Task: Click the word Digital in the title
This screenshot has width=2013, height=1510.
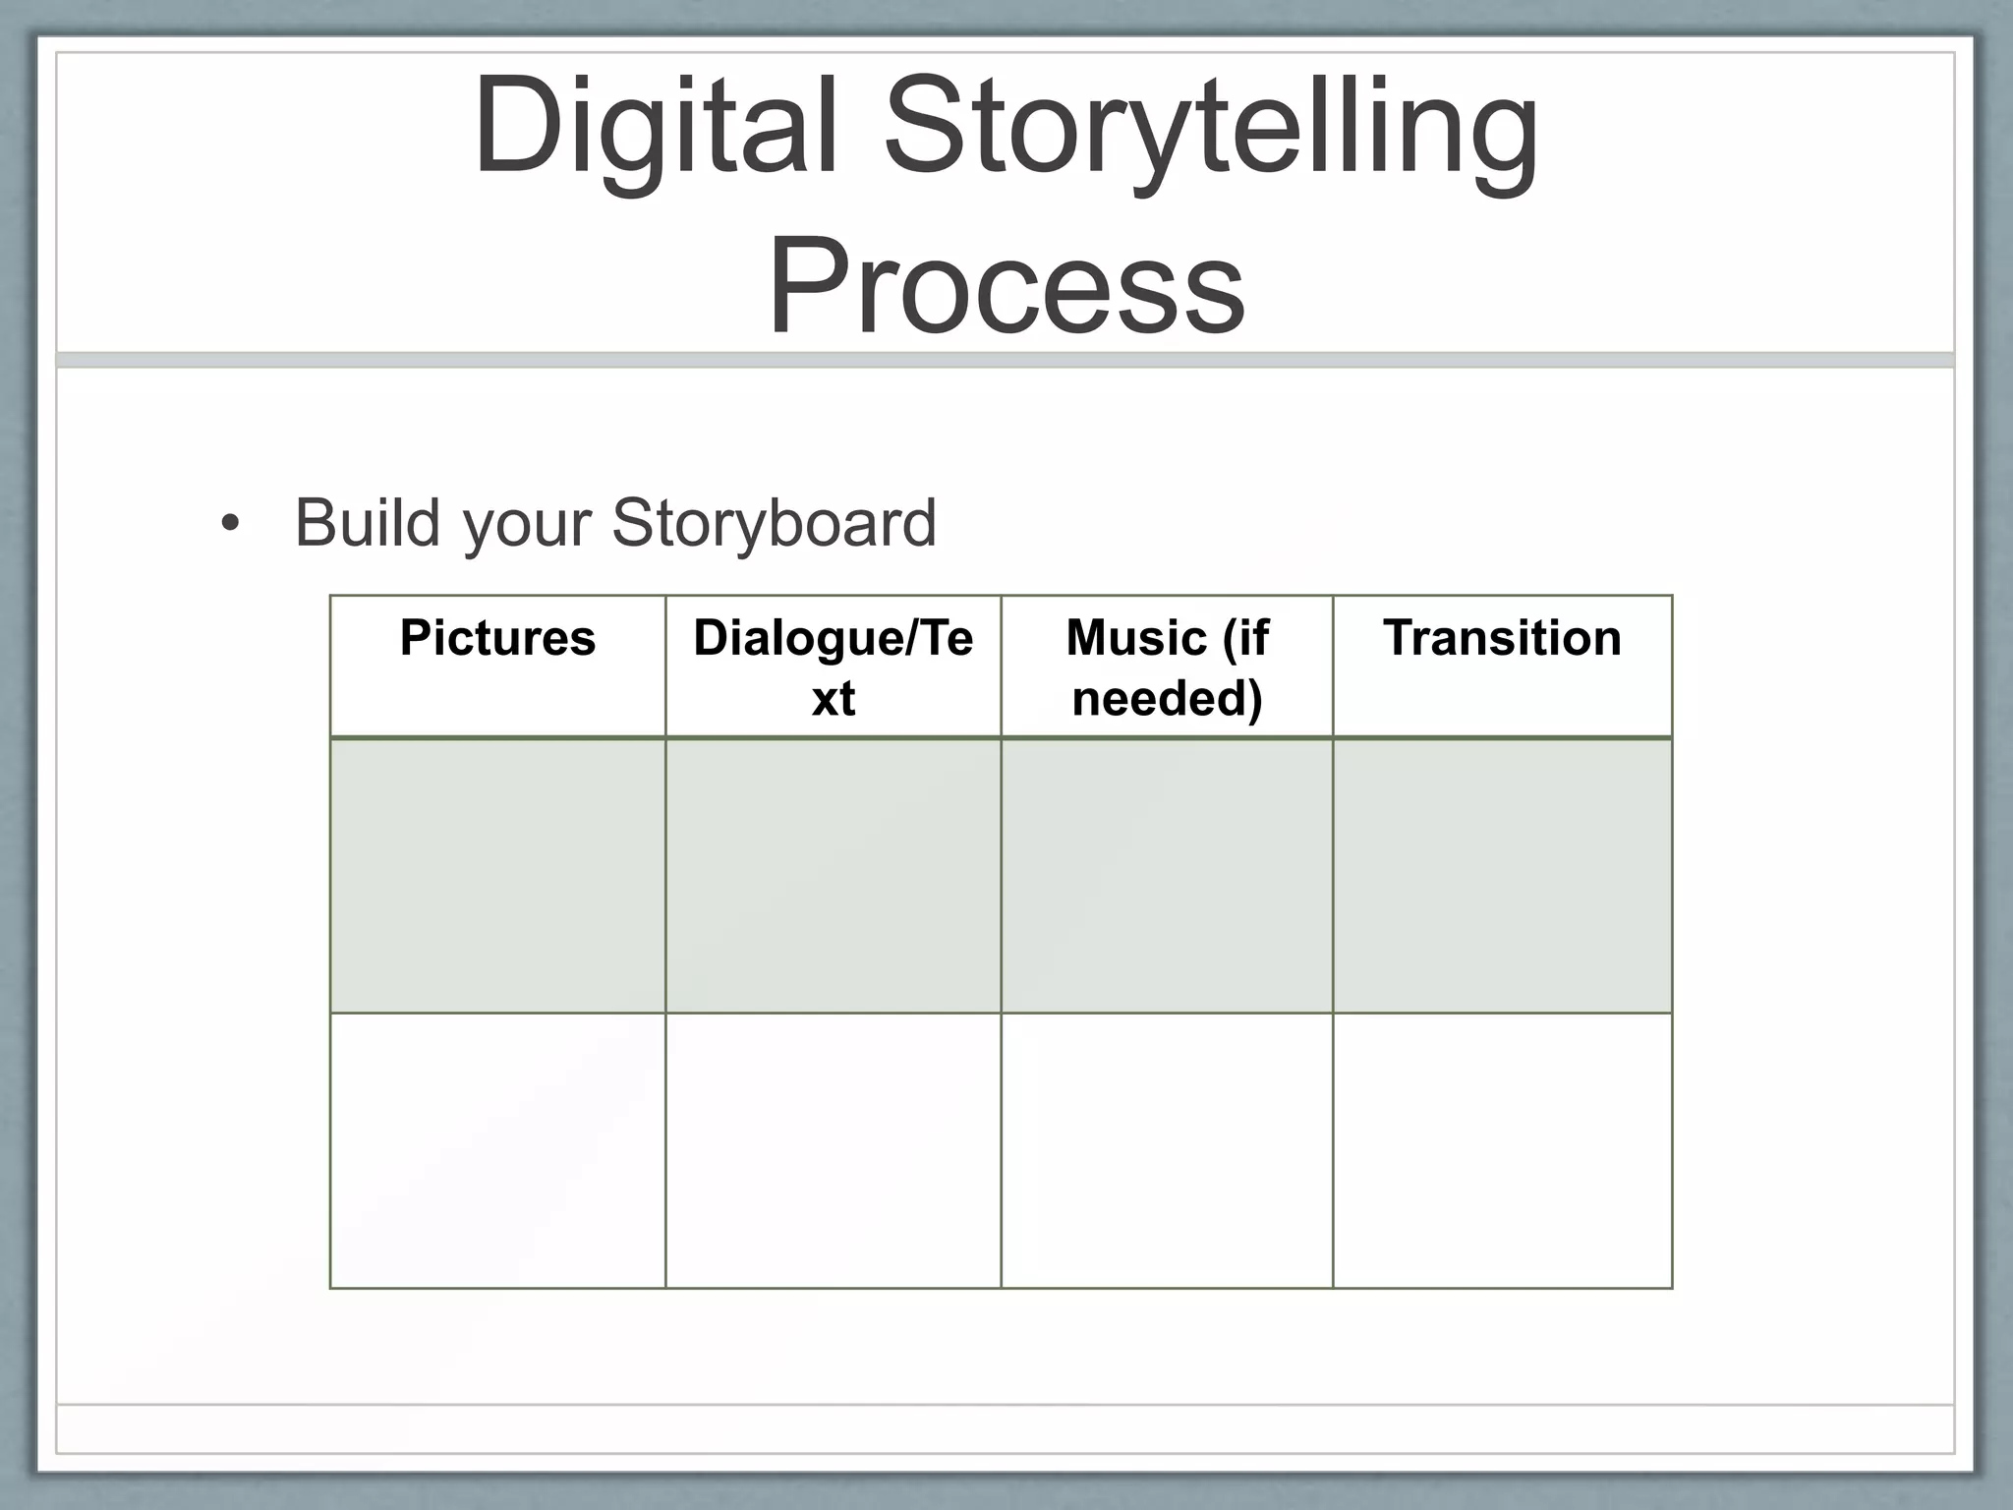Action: pos(656,128)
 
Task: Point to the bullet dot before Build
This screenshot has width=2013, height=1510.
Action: pos(230,524)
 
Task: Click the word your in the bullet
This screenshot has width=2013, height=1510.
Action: pos(527,524)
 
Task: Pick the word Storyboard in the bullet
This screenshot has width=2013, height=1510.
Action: pos(774,524)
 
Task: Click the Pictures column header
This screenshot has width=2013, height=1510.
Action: pos(497,638)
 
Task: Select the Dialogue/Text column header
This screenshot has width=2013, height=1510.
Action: pos(833,667)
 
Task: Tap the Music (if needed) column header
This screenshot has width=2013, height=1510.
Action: pos(1167,667)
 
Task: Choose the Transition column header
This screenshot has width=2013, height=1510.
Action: pos(1502,638)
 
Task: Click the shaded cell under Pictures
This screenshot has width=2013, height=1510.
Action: pos(497,875)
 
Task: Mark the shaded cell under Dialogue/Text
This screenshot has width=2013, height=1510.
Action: pos(833,875)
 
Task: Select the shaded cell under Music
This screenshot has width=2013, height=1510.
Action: pos(1167,875)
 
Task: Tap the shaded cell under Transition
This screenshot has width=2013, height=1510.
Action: pos(1502,875)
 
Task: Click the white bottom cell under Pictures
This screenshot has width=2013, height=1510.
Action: pos(497,1150)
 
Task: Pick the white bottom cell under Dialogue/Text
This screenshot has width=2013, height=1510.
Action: pos(833,1150)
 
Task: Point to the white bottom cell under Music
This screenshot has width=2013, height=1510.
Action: pos(1167,1150)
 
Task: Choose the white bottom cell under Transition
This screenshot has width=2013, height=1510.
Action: pos(1502,1150)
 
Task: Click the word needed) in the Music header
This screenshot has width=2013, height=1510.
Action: pos(1167,699)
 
